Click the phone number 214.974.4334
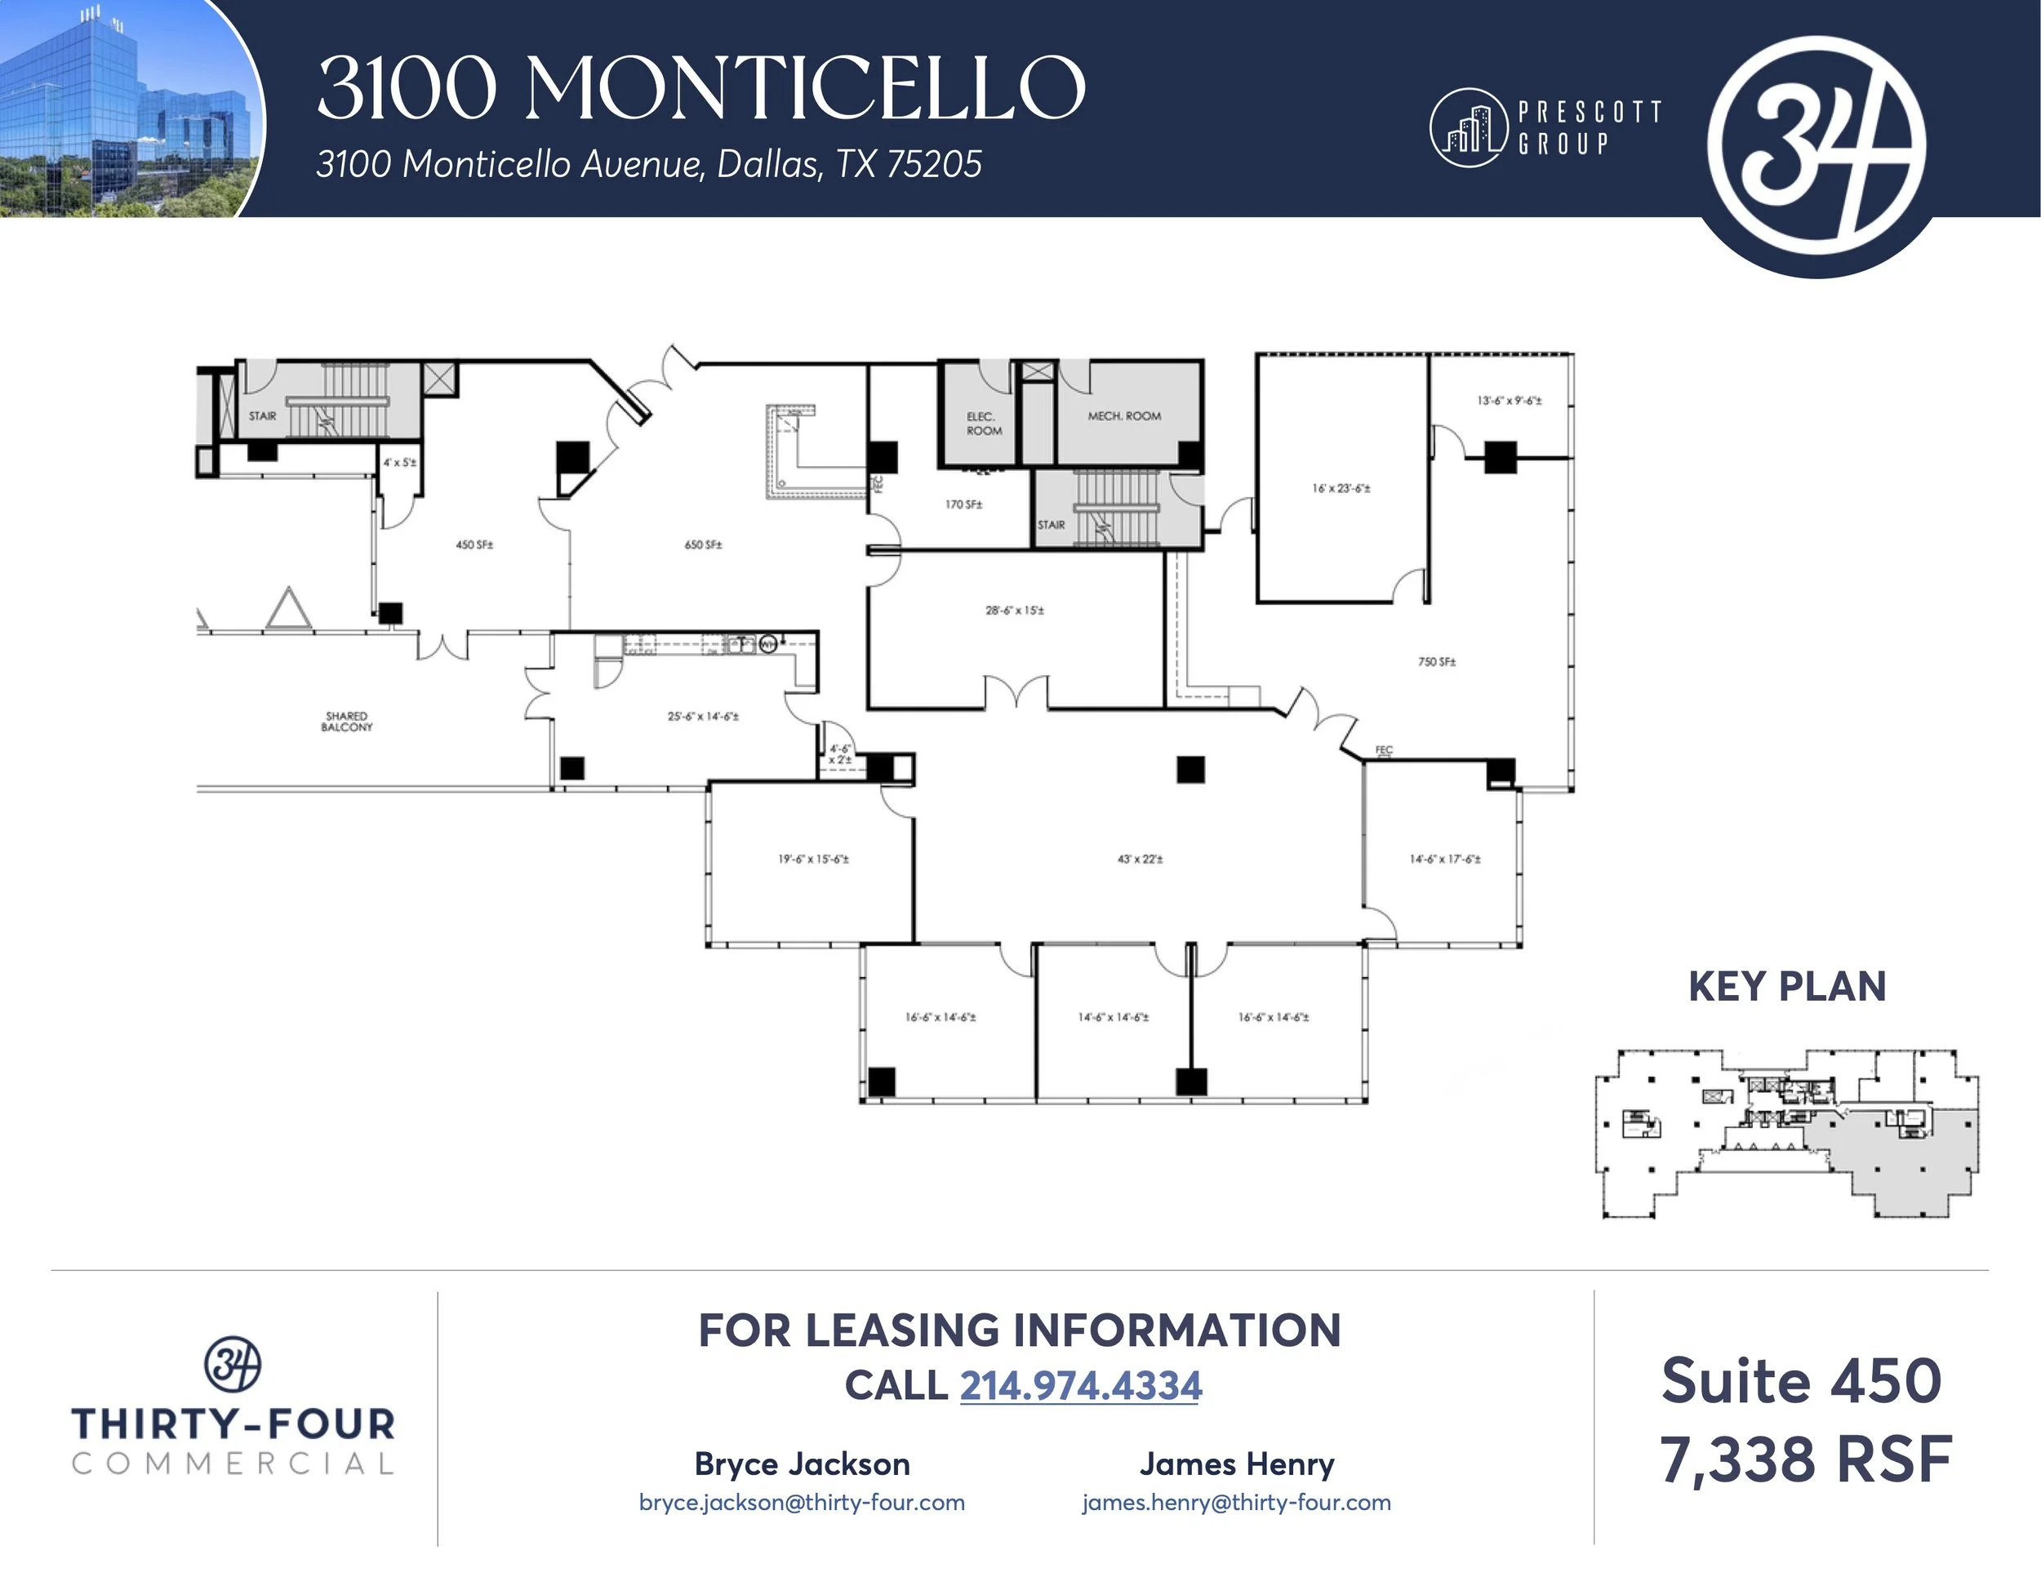1080,1385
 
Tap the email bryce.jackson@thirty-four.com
802,1502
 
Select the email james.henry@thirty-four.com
1236,1502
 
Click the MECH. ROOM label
1124,415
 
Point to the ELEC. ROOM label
984,423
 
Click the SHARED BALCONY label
347,722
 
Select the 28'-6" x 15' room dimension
1015,610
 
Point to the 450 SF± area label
475,544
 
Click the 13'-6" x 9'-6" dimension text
1510,401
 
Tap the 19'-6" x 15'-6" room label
813,859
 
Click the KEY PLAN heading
1787,987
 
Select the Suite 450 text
1801,1381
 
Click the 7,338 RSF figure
1806,1460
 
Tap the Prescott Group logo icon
1468,128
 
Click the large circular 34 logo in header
1816,138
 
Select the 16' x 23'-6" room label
1341,487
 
